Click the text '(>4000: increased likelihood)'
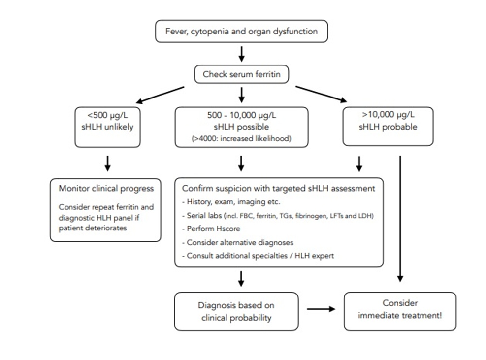[241, 138]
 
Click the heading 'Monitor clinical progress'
[106, 189]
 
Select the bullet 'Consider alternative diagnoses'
[238, 242]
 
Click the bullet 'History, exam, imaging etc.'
[231, 202]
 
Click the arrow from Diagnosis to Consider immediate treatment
[321, 309]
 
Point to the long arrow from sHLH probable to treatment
[400, 219]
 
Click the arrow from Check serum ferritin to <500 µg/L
[160, 95]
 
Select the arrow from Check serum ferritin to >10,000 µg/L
[321, 94]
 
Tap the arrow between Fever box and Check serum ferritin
[241, 54]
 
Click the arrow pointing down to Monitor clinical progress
[107, 164]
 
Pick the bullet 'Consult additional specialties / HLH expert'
[258, 256]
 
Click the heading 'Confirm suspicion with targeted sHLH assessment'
[279, 189]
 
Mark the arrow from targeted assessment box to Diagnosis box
[241, 279]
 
